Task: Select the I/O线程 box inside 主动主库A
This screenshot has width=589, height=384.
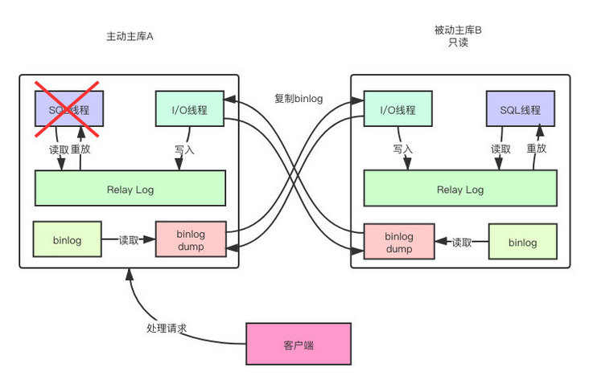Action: coord(189,109)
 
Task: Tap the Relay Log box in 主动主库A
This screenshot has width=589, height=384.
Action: coord(130,190)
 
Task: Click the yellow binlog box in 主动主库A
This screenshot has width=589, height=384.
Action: coord(67,239)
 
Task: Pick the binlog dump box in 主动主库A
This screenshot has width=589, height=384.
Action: coord(190,239)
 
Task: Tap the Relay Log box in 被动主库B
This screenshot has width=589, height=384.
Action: coord(459,190)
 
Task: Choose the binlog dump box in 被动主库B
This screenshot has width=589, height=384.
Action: coord(398,243)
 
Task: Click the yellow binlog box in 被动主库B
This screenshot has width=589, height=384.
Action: coord(523,243)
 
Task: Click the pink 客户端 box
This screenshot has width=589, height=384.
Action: coord(299,345)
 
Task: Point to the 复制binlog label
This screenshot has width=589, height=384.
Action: coord(299,99)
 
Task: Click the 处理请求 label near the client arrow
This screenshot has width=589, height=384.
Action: coord(167,329)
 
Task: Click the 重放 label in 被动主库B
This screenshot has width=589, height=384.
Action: coord(537,149)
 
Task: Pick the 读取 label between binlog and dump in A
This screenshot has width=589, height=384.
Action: coord(129,239)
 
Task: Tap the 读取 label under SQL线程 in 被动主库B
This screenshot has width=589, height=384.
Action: coord(500,149)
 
